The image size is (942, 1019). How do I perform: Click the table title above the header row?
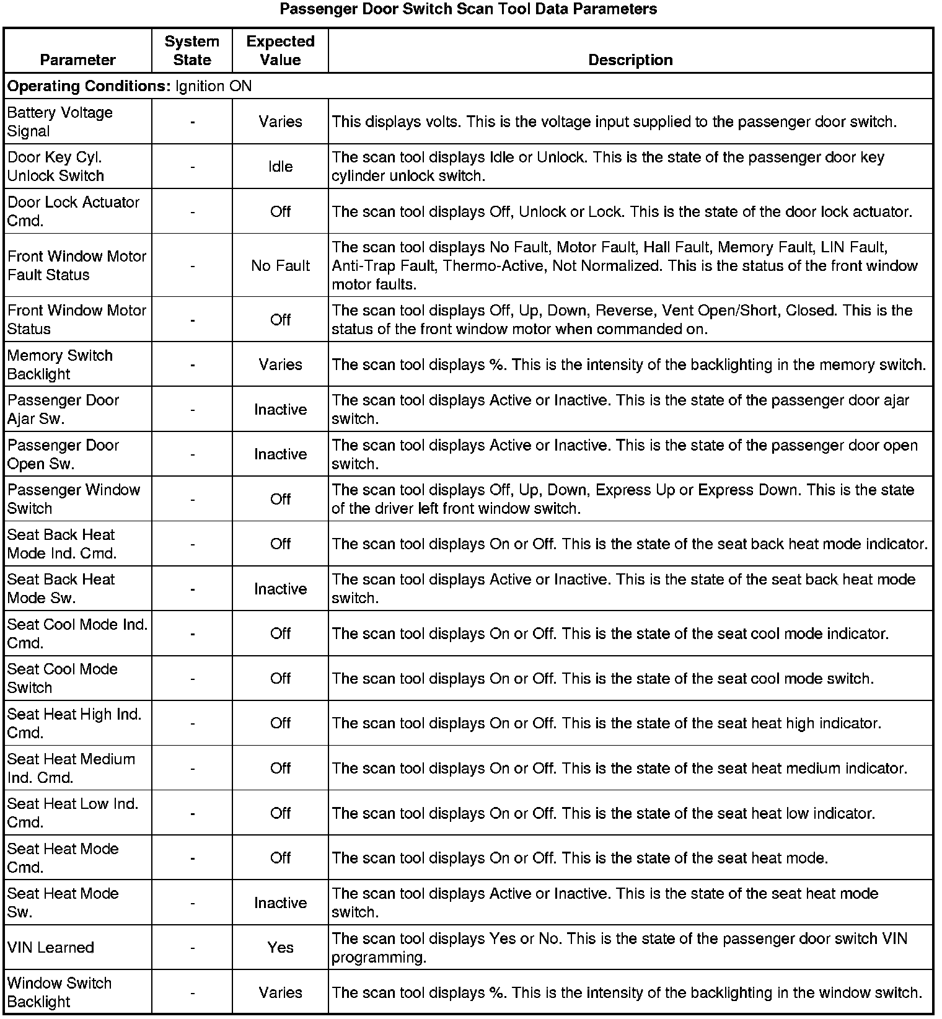(469, 9)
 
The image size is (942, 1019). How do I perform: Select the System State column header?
(192, 51)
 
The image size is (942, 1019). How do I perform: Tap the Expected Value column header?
(280, 51)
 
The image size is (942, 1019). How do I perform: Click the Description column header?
(630, 60)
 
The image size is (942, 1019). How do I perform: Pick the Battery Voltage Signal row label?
(60, 122)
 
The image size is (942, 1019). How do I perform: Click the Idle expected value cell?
(280, 167)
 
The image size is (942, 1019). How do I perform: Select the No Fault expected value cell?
(280, 266)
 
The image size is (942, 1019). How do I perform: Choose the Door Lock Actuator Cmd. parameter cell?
(73, 211)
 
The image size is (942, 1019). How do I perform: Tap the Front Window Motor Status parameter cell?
(77, 320)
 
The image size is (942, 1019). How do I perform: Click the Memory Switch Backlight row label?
(60, 364)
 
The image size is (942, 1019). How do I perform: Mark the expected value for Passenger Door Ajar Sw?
(280, 410)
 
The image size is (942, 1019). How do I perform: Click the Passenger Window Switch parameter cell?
(74, 499)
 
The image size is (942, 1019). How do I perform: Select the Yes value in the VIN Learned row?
(280, 948)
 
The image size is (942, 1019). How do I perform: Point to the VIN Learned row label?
(51, 948)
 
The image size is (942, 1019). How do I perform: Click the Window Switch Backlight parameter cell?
(59, 992)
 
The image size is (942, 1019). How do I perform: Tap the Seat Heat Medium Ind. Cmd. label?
(71, 768)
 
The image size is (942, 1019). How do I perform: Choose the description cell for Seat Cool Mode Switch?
(602, 679)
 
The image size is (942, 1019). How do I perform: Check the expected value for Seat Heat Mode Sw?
(280, 903)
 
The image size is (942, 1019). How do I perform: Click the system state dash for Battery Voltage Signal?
(193, 122)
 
